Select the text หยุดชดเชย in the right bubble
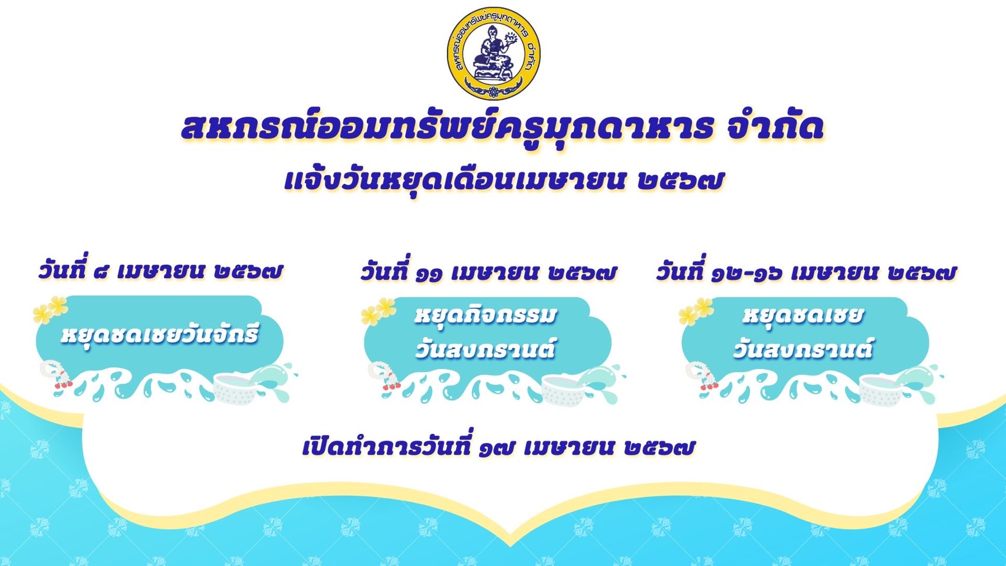[x=803, y=315]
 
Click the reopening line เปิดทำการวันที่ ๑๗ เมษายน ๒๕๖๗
[x=499, y=446]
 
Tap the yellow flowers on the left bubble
[x=50, y=309]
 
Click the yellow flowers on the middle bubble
[x=378, y=311]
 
